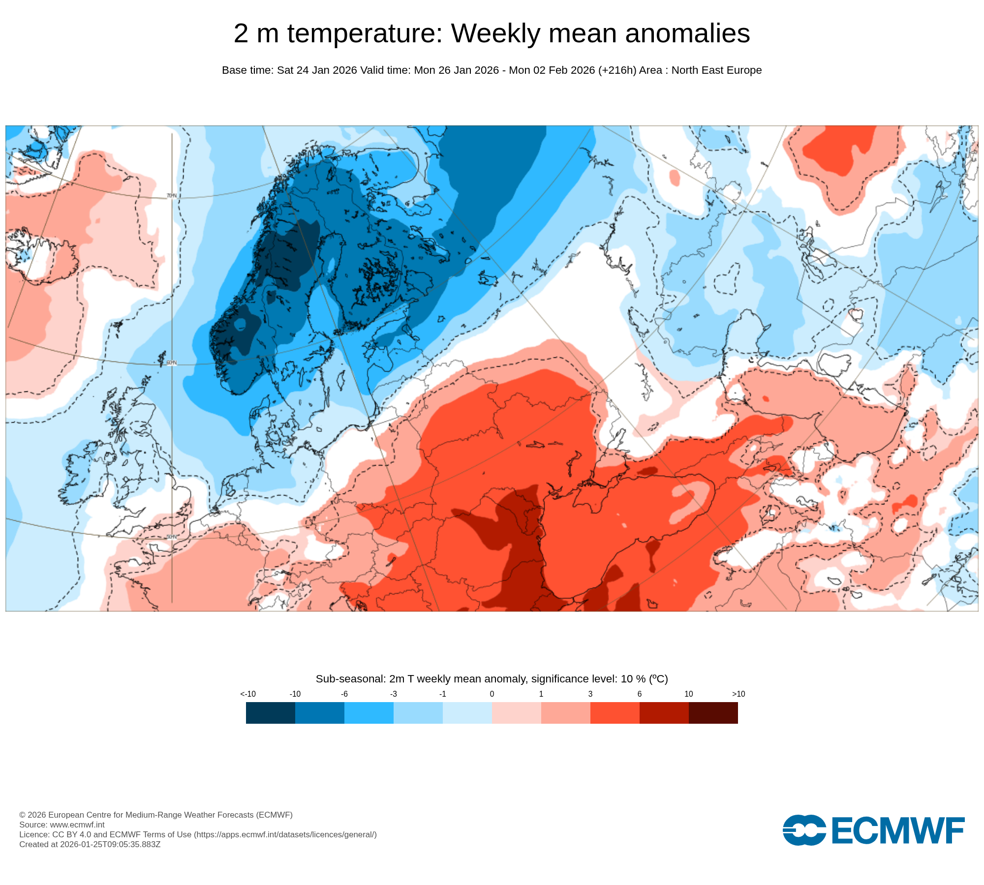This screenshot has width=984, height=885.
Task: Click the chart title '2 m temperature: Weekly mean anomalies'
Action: (x=492, y=33)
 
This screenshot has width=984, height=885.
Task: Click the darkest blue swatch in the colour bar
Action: (x=270, y=712)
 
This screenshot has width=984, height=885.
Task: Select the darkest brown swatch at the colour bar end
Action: (x=713, y=712)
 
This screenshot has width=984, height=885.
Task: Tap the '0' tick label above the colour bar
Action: (x=492, y=694)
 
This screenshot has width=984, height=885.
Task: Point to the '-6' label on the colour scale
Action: (x=344, y=694)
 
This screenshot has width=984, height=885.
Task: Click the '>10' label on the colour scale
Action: (x=738, y=694)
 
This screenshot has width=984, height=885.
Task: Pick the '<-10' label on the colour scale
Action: (x=248, y=694)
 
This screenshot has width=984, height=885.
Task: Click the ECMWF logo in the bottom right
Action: (x=873, y=830)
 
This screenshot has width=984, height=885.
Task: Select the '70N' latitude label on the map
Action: (x=171, y=196)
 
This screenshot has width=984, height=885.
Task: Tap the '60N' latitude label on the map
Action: (x=171, y=363)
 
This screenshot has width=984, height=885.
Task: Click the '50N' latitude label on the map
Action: (x=171, y=536)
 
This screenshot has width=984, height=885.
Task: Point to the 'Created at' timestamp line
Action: (x=90, y=844)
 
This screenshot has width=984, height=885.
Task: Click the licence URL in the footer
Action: (x=285, y=834)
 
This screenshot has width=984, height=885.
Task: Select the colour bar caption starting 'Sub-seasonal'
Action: (x=492, y=678)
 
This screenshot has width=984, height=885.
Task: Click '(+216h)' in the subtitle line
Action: (x=617, y=70)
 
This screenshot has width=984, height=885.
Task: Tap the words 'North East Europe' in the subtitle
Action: (x=716, y=70)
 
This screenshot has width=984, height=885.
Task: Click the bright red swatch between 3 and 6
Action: (x=615, y=712)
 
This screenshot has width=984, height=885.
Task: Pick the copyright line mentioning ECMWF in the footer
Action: (x=156, y=815)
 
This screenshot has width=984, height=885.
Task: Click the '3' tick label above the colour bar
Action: (x=590, y=694)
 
